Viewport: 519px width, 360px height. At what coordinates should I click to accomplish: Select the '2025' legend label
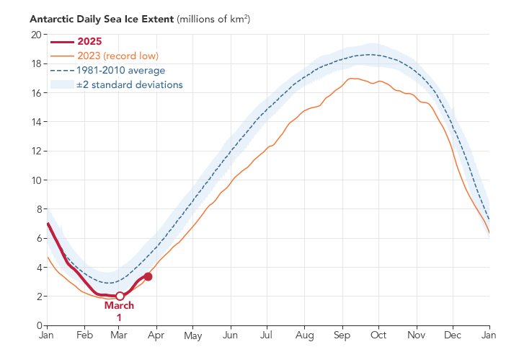coord(90,40)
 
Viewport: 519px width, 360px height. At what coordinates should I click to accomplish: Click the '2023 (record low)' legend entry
coord(117,56)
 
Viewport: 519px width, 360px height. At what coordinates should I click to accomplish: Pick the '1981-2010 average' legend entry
coord(120,70)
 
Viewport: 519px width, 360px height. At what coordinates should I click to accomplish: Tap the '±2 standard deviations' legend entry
coord(129,84)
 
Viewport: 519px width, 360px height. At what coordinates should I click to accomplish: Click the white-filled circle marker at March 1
coord(120,296)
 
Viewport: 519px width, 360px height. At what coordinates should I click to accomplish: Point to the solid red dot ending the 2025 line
coord(148,276)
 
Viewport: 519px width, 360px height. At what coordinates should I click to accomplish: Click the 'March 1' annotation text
coord(119,311)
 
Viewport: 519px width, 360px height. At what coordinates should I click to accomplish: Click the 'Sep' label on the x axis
coord(342,336)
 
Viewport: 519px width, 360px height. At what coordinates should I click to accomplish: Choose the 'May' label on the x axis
coord(193,336)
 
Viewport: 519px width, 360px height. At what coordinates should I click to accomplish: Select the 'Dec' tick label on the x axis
coord(453,336)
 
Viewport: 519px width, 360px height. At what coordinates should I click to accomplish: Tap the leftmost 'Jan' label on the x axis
coord(47,336)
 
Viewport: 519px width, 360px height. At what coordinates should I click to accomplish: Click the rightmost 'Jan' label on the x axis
coord(489,336)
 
